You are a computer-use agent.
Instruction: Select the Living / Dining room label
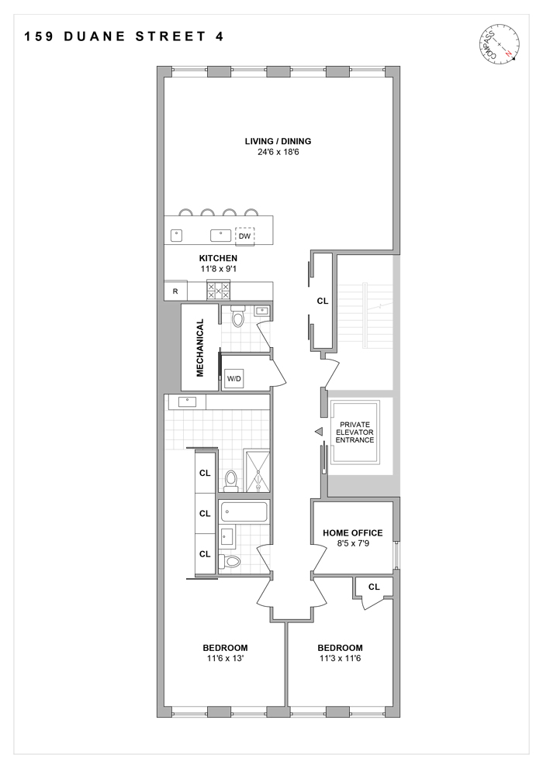point(278,141)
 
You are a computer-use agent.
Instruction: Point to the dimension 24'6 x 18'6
point(278,153)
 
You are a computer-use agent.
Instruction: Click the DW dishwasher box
point(245,235)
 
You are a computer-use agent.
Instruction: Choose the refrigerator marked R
point(175,291)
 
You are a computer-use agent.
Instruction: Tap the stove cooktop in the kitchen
point(218,291)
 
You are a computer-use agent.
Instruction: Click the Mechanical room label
point(199,348)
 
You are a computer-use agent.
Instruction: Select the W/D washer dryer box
point(233,378)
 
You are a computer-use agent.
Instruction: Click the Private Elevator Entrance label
point(355,432)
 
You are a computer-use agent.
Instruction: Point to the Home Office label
point(353,533)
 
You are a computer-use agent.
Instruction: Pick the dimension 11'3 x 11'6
point(340,659)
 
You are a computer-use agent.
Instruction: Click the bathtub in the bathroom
point(244,511)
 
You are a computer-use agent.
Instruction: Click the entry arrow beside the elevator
point(317,432)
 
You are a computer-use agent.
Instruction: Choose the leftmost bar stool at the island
point(186,212)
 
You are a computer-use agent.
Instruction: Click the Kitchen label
point(218,258)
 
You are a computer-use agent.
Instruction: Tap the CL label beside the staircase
point(322,301)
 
